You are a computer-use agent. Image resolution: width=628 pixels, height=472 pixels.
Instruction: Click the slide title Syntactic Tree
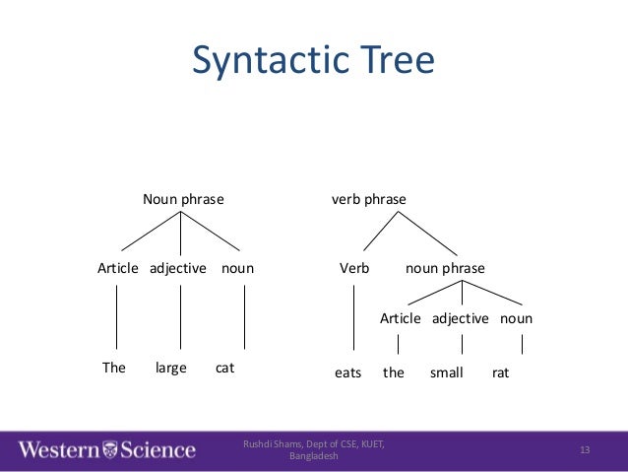(313, 60)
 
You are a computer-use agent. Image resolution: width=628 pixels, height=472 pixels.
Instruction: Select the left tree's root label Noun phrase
(183, 199)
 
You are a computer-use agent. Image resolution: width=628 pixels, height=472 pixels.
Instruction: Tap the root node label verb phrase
(369, 199)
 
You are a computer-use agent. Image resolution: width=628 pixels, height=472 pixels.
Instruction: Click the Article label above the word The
(118, 268)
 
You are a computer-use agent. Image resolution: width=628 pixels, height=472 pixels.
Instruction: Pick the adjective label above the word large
(178, 268)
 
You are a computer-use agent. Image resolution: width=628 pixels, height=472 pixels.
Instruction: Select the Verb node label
(352, 268)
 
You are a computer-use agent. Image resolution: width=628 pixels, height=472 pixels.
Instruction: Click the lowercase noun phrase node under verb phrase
(446, 268)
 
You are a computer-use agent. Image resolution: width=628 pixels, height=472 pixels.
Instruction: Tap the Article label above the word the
(401, 318)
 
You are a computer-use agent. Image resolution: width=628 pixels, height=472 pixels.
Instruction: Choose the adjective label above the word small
(461, 318)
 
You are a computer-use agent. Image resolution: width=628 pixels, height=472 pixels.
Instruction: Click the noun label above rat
(516, 318)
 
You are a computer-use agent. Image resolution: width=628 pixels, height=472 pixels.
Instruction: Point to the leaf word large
(171, 369)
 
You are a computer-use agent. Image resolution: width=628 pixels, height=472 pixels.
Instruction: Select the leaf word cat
(225, 369)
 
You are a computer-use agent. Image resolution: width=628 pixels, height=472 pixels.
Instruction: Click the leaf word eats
(348, 373)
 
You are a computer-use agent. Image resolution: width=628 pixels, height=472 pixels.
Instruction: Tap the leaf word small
(447, 373)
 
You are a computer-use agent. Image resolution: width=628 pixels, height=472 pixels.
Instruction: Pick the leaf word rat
(501, 373)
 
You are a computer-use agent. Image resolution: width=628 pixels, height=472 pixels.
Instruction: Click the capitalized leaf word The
(114, 369)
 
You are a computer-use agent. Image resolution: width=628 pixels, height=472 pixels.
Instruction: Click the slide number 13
(585, 450)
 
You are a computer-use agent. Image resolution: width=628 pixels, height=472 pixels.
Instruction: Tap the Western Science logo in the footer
(106, 450)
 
